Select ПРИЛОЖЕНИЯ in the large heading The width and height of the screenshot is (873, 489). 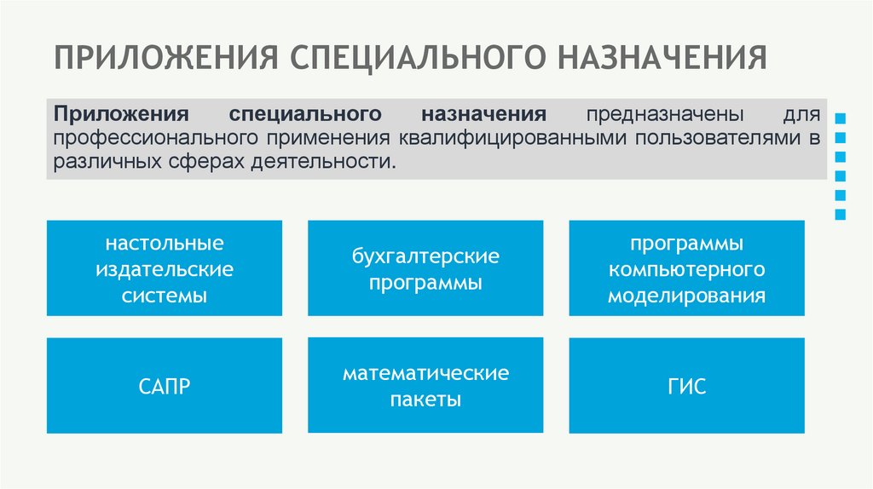168,60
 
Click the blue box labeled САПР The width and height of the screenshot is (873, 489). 165,386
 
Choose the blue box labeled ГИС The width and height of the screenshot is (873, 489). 686,386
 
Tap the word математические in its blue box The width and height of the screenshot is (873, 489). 425,373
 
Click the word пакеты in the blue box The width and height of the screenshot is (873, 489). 425,399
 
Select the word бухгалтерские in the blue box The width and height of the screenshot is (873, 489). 425,256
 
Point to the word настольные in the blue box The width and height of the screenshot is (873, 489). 165,244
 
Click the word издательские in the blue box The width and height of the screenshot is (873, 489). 165,269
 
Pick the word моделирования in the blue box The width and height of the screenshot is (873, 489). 686,296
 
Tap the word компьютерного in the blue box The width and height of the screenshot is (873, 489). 686,270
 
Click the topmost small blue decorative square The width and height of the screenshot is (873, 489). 841,117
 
